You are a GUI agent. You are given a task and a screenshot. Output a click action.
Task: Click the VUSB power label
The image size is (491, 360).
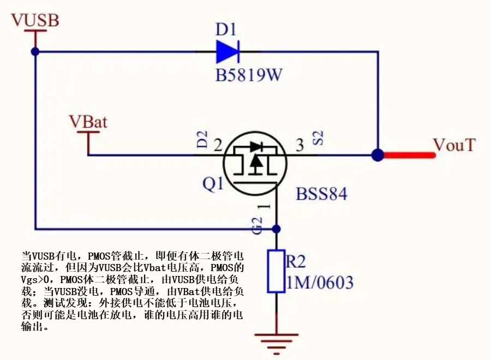coord(35,20)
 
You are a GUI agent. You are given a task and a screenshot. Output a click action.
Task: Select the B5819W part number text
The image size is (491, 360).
coord(249,75)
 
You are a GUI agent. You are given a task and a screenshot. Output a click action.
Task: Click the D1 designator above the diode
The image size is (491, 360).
coord(225,29)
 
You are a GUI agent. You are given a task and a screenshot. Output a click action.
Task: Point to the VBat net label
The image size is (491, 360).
coord(88,122)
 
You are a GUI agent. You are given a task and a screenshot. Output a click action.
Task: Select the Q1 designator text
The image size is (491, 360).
coord(213,184)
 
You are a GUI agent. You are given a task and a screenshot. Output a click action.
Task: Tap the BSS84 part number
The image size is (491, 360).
coord(321,194)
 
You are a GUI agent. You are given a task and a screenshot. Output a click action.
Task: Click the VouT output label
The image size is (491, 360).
coord(454,146)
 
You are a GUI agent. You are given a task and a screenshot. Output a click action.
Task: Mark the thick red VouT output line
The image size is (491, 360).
coord(409,155)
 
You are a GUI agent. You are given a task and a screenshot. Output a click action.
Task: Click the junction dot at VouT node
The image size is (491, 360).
coord(377,155)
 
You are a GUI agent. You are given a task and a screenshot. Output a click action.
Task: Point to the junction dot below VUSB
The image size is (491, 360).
coord(35,52)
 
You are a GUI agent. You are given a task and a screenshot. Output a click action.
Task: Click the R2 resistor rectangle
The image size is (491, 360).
coord(276,271)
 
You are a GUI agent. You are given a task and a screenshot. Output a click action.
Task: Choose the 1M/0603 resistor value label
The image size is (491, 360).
coord(320,283)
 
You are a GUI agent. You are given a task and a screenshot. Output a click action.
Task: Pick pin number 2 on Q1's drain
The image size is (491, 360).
coord(218,146)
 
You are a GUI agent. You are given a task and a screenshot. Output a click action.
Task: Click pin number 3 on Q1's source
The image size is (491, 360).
coord(300,146)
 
